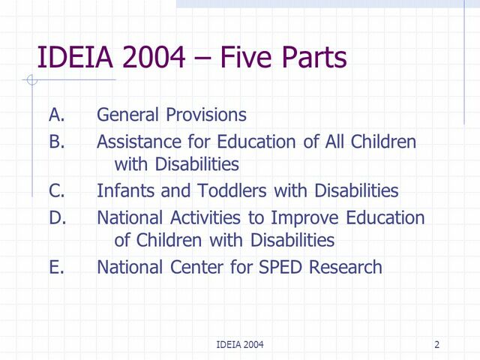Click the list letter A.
[x=56, y=115]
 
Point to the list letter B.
[x=56, y=141]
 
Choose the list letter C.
[x=56, y=190]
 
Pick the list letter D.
[x=57, y=217]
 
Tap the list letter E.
[x=56, y=266]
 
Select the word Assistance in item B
[x=133, y=141]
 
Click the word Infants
[x=123, y=190]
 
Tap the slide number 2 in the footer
[x=436, y=344]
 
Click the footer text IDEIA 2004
[x=239, y=344]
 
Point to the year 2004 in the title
[x=157, y=58]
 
